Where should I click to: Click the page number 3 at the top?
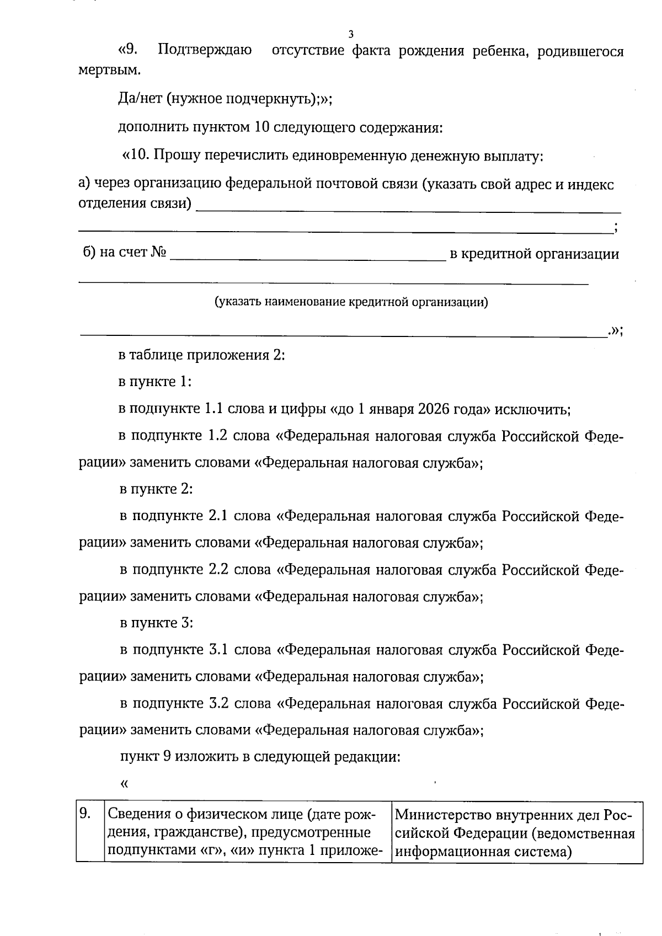[x=351, y=34]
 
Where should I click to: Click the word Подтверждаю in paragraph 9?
[x=205, y=51]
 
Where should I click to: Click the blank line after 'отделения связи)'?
[x=408, y=207]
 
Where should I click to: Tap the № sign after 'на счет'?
[x=158, y=253]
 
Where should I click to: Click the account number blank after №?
[x=307, y=255]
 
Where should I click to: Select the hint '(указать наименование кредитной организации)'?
[x=351, y=302]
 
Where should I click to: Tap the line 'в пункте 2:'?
[x=156, y=489]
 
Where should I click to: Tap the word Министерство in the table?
[x=441, y=815]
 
